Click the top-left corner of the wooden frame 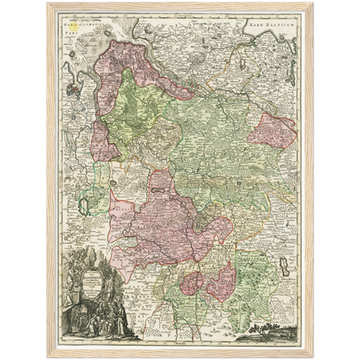coord(48,4)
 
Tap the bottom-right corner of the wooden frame coord(312,355)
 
